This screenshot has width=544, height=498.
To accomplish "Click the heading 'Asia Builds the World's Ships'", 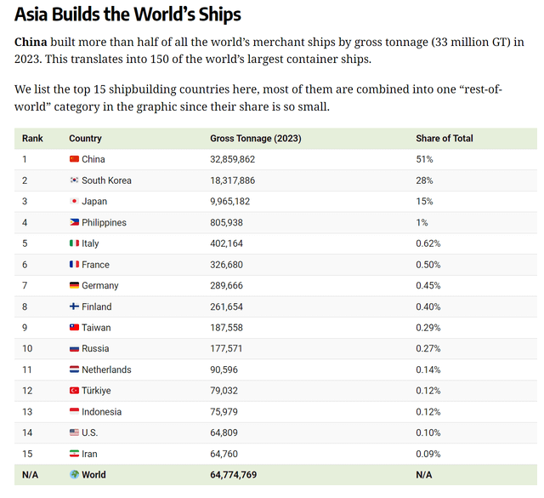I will tap(127, 14).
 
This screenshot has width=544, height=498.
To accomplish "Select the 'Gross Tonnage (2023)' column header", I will tap(255, 138).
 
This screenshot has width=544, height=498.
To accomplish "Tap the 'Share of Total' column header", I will tap(445, 138).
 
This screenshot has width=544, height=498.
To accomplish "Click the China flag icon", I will tap(74, 159).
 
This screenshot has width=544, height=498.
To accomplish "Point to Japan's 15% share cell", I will tap(424, 201).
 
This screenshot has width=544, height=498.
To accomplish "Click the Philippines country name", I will tap(104, 222).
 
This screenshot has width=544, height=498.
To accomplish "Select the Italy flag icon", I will tap(74, 243).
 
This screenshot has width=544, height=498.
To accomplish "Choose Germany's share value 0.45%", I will tap(428, 285).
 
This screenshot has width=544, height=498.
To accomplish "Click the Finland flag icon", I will tap(74, 306).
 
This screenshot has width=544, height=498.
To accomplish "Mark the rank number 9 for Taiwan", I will tap(25, 328).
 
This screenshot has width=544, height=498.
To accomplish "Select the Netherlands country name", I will tap(106, 369).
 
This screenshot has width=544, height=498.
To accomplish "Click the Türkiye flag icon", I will tap(74, 391).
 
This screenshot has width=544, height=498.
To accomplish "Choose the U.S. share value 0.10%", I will tap(428, 432).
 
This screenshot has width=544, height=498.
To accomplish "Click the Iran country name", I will tap(90, 454).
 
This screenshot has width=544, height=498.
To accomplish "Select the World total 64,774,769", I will tap(233, 474).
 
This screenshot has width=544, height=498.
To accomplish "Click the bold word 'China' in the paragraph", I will tap(30, 42).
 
